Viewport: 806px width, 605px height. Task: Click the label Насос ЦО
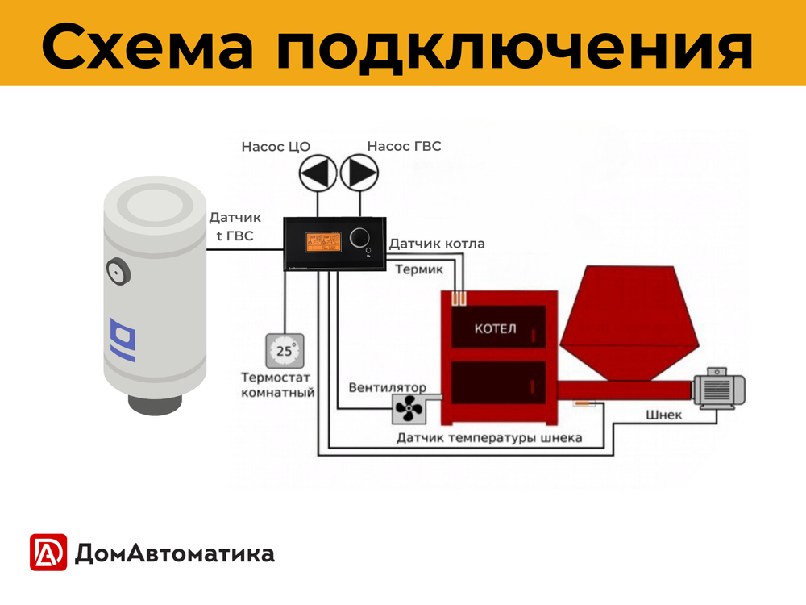(x=276, y=146)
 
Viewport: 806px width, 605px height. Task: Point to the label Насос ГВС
(x=404, y=146)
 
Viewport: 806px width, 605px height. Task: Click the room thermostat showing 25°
(x=285, y=351)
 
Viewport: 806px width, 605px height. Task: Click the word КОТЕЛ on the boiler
(x=495, y=329)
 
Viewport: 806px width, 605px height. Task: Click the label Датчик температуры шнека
(x=489, y=438)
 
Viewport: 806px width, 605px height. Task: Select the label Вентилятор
(x=388, y=388)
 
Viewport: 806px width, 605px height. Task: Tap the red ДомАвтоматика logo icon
(x=48, y=553)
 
